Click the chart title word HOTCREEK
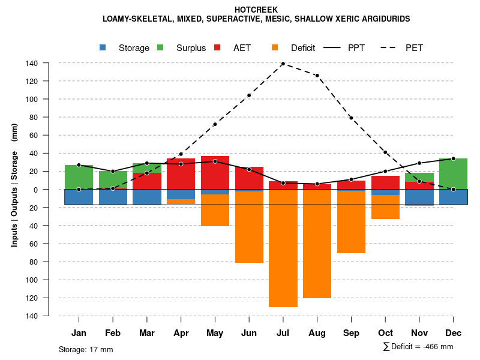click(x=256, y=10)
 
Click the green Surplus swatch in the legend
click(x=160, y=47)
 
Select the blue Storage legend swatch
click(x=103, y=47)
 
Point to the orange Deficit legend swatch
click(x=275, y=47)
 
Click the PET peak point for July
click(x=283, y=64)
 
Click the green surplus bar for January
click(x=79, y=177)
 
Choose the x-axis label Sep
click(x=351, y=333)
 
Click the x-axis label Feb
click(x=113, y=333)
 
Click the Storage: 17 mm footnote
click(x=86, y=349)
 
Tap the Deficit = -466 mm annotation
click(x=418, y=346)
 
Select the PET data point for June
click(x=249, y=95)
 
